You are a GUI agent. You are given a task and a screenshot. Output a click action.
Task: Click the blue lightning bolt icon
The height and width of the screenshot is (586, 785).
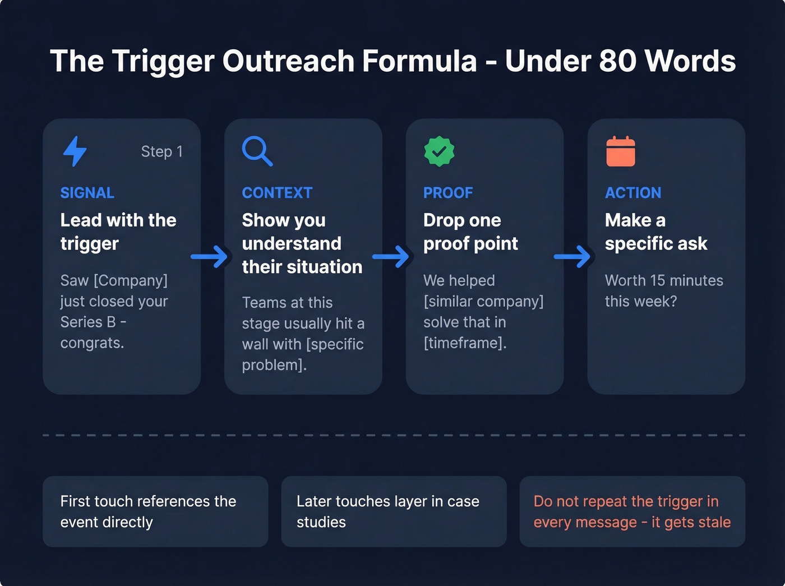75,151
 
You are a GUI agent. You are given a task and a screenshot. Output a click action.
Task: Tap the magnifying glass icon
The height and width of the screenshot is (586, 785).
257,151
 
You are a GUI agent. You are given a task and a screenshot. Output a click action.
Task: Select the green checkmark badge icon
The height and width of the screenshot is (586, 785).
439,151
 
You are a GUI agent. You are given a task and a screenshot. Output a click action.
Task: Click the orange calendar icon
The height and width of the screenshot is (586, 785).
621,151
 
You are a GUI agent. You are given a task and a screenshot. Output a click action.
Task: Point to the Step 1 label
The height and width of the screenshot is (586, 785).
161,151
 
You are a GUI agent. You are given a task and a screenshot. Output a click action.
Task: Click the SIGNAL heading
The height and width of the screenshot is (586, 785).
87,193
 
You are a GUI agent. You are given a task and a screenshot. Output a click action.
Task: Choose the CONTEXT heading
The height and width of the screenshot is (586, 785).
277,193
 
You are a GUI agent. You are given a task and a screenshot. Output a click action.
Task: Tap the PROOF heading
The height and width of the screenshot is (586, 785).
448,193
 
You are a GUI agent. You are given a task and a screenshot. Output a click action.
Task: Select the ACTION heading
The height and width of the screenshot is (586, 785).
633,193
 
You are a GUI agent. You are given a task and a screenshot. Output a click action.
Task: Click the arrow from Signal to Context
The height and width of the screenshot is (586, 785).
209,257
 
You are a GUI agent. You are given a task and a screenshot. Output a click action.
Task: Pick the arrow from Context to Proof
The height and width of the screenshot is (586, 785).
391,257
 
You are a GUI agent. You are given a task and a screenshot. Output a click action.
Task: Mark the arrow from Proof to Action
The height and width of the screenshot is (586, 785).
572,257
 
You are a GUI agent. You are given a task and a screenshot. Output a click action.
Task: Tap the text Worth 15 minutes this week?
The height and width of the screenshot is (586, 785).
663,290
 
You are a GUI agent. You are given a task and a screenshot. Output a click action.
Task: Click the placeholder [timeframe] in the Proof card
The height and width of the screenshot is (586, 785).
464,343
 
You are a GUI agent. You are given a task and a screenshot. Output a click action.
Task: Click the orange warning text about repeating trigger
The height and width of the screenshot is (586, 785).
632,511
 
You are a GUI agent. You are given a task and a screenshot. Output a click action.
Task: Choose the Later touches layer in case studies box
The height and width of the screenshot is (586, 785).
394,511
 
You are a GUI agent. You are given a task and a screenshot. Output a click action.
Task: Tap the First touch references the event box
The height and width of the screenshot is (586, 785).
155,511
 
